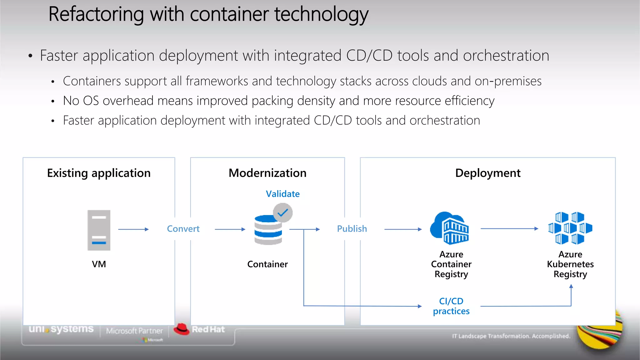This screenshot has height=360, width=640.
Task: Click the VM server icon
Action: [x=99, y=230]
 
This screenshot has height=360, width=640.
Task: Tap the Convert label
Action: [x=183, y=229]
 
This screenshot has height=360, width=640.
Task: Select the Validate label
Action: [x=282, y=194]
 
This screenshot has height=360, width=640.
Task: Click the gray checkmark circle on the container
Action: [x=282, y=213]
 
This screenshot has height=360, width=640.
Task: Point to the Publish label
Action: [x=352, y=229]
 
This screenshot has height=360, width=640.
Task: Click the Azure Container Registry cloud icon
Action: [x=450, y=228]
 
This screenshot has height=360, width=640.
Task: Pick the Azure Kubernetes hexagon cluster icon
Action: [x=570, y=228]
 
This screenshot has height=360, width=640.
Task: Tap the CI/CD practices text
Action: [x=451, y=306]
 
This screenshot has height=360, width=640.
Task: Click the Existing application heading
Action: [x=99, y=173]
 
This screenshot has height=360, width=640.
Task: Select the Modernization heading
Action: [x=267, y=173]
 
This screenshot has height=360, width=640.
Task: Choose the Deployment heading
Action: [x=488, y=173]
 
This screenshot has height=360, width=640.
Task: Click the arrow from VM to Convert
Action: [x=133, y=229]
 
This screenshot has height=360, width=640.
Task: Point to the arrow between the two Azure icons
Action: [x=509, y=229]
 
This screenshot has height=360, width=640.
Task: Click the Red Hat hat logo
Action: [x=182, y=329]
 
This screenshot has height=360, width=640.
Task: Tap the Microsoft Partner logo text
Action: [x=134, y=331]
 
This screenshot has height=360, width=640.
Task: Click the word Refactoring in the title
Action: [x=96, y=14]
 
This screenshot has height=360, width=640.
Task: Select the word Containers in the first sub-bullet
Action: [x=92, y=81]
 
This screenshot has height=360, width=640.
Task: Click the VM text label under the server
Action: [x=99, y=264]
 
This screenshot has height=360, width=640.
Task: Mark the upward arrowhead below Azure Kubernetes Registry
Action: [x=571, y=286]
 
